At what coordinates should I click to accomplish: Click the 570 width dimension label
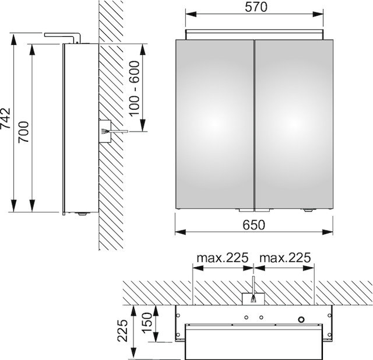[x=256, y=7]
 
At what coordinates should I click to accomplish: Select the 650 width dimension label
[x=254, y=225]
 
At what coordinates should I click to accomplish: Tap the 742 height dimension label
[x=6, y=118]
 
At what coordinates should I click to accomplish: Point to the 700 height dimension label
[x=24, y=132]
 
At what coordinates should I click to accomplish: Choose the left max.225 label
[x=223, y=258]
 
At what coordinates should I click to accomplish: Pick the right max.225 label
[x=285, y=258]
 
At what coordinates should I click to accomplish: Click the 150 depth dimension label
[x=146, y=323]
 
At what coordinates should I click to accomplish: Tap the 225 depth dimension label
[x=123, y=331]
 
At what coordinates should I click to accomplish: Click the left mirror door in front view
[x=214, y=124]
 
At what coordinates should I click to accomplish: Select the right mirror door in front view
[x=294, y=124]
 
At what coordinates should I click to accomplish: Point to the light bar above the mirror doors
[x=254, y=34]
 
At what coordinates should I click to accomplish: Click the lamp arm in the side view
[x=63, y=36]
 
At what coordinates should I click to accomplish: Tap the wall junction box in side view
[x=105, y=131]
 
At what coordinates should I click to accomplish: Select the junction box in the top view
[x=253, y=299]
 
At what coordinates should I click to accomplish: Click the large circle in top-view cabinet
[x=301, y=319]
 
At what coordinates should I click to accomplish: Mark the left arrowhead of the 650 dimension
[x=180, y=232]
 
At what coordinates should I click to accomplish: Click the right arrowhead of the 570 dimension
[x=318, y=14]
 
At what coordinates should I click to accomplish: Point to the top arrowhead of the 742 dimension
[x=14, y=39]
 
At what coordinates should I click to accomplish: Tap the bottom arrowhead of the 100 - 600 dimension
[x=142, y=125]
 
